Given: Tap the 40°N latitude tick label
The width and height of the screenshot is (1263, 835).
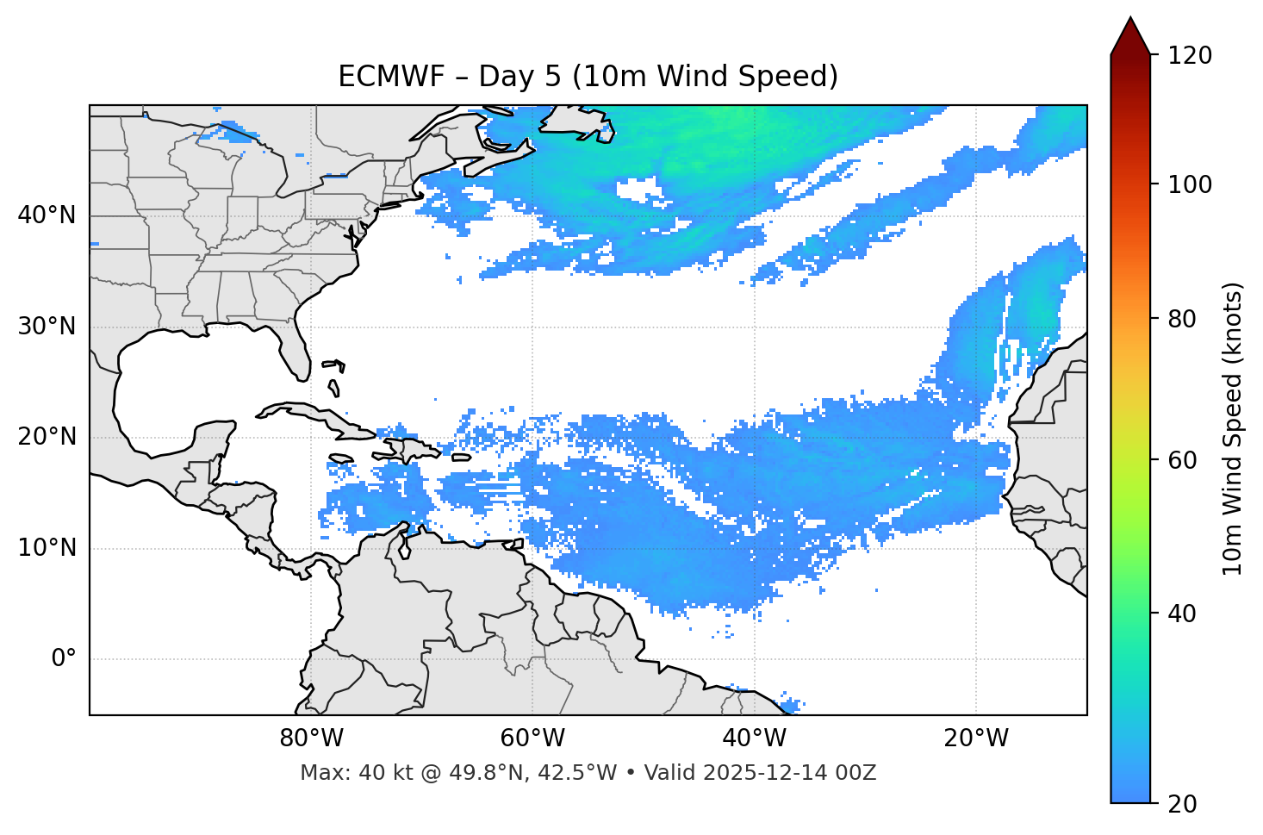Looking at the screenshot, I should pos(47,215).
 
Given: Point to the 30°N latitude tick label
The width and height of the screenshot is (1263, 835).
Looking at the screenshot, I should pos(47,327).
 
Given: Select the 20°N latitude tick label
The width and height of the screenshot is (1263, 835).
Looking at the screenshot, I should pos(47,437).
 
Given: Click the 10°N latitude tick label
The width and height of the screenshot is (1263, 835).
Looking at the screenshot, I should pos(47,548).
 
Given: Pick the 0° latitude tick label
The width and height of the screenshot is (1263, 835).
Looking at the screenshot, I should pos(64,659).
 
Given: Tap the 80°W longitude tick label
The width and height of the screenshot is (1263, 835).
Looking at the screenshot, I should pos(312,738).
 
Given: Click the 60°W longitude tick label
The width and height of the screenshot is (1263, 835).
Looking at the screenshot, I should pos(532,738).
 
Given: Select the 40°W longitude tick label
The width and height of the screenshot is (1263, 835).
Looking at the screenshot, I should pos(754,738).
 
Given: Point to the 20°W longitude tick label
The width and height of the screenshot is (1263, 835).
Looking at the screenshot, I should pos(976,738).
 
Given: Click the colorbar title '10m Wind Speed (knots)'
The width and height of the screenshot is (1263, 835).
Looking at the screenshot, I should pos(1233,429).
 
